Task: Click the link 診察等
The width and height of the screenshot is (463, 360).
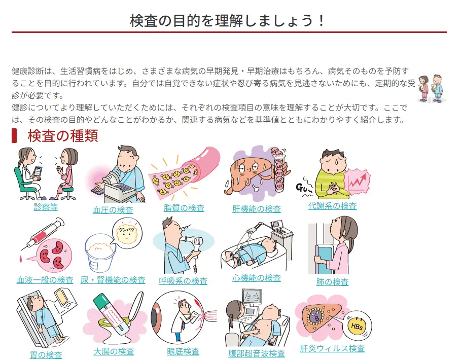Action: [x=46, y=207]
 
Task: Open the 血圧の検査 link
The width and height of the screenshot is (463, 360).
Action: [x=113, y=210]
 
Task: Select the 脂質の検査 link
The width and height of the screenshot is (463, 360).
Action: [x=184, y=208]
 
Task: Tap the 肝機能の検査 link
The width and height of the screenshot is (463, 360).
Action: [x=256, y=209]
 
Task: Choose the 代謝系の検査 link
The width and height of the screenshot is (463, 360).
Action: [x=332, y=206]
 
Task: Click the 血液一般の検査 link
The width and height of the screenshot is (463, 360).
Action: [x=45, y=280]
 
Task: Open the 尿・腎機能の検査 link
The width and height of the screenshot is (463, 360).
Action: [x=113, y=280]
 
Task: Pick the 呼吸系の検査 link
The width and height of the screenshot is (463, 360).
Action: [x=183, y=281]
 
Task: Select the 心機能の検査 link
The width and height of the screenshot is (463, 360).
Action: [x=256, y=278]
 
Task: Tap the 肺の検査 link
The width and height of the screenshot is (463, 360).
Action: [x=332, y=282]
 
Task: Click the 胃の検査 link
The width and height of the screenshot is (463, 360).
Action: [x=46, y=355]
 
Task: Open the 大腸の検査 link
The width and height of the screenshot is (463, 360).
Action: [x=114, y=351]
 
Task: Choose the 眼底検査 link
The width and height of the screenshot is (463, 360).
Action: [x=183, y=351]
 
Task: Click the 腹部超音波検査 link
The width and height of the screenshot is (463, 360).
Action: [x=256, y=353]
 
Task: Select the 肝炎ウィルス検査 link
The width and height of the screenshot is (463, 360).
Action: [x=332, y=348]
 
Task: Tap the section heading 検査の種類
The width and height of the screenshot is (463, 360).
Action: [x=62, y=136]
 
